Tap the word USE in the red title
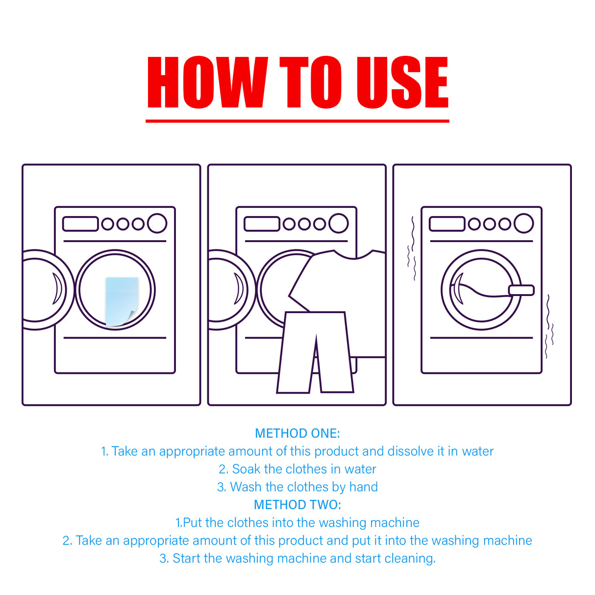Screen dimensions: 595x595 pyautogui.click(x=402, y=82)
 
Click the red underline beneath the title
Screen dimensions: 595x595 pyautogui.click(x=297, y=121)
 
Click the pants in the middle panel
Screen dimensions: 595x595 pyautogui.click(x=315, y=352)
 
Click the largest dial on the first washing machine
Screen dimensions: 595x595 pyautogui.click(x=157, y=223)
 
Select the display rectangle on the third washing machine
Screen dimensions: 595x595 pyautogui.click(x=446, y=224)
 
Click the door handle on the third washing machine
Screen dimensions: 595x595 pyautogui.click(x=521, y=290)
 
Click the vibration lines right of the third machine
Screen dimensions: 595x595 pyautogui.click(x=549, y=326)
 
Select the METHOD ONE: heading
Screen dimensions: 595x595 pyautogui.click(x=297, y=433)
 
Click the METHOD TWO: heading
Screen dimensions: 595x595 pyautogui.click(x=297, y=505)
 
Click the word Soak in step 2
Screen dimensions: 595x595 pyautogui.click(x=246, y=469)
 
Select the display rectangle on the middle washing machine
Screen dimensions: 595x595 pyautogui.click(x=262, y=224)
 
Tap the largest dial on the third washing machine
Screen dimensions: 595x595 pyautogui.click(x=523, y=223)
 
